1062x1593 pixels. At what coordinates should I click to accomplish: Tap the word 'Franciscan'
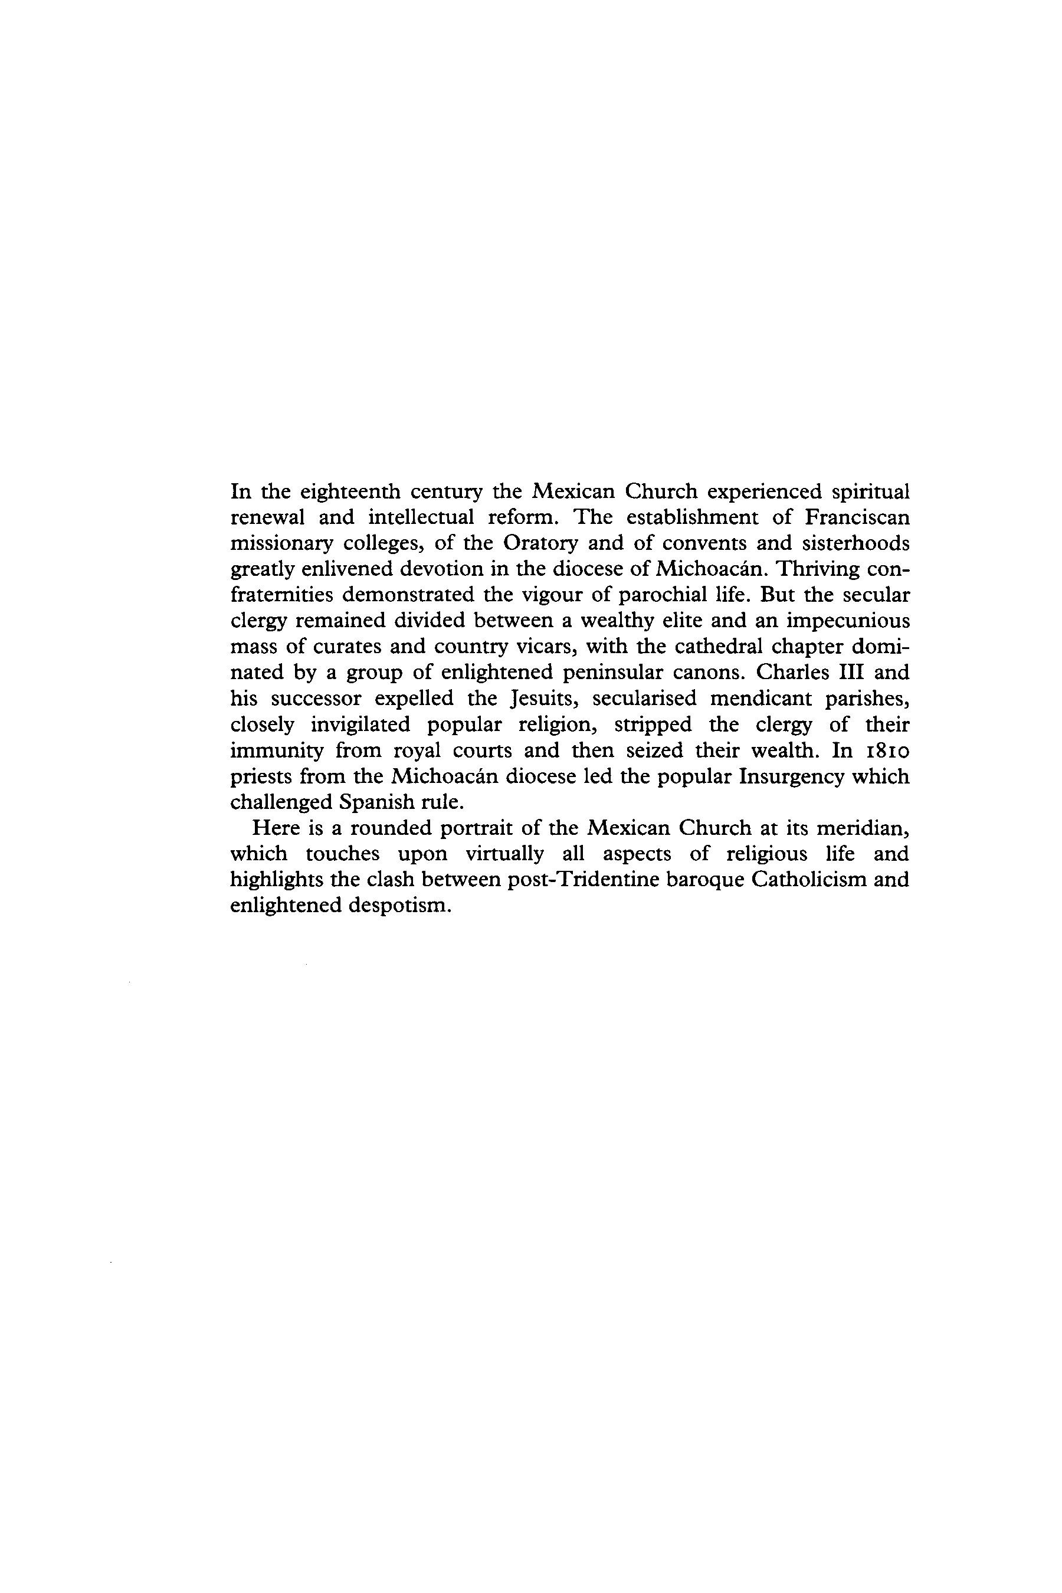pos(857,517)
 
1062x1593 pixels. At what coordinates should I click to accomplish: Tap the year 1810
pos(887,750)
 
